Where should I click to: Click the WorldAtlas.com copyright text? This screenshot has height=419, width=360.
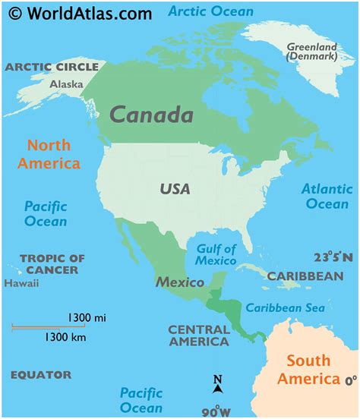(x=78, y=13)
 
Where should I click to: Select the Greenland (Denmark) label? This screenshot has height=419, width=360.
(x=311, y=52)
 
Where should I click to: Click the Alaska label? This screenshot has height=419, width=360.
(x=66, y=84)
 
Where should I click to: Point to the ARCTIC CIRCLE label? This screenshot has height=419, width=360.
(x=52, y=67)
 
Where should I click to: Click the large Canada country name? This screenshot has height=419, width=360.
(x=150, y=115)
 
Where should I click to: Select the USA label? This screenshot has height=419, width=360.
(x=175, y=189)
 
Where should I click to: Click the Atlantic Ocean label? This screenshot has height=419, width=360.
(x=327, y=196)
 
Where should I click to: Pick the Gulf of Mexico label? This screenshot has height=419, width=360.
(x=216, y=254)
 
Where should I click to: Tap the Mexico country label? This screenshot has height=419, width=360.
(x=180, y=282)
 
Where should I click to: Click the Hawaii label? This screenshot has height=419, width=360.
(x=21, y=284)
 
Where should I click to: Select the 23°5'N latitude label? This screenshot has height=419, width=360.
(x=333, y=258)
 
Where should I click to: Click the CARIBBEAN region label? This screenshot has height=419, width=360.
(x=305, y=276)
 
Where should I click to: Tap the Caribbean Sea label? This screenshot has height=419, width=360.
(x=285, y=307)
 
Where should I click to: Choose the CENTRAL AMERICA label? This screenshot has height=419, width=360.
(x=198, y=336)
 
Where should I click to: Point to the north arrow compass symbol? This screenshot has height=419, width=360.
(x=218, y=385)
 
